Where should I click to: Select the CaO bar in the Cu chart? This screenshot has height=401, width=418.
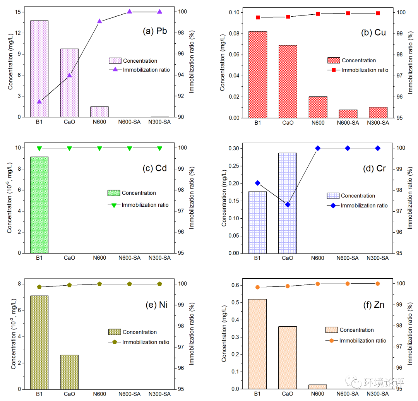coord(288,81)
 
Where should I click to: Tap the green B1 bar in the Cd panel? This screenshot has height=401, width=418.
coord(39,205)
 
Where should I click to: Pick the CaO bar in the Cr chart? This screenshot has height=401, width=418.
coord(288,203)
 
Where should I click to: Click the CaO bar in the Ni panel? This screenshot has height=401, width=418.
coord(69,372)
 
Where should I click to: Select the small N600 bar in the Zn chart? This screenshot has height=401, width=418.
coord(318,387)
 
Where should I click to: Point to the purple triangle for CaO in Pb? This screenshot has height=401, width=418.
coord(69,75)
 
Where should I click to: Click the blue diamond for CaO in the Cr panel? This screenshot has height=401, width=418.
coord(288,204)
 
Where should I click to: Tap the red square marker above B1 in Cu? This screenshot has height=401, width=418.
coord(258,17)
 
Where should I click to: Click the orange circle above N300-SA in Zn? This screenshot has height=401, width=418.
coord(378,284)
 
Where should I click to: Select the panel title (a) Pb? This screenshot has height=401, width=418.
coord(155,31)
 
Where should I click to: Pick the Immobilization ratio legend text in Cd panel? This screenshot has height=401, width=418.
coord(145,205)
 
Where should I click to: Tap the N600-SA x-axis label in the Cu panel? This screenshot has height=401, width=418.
coord(348,123)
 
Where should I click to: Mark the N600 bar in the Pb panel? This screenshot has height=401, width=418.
coord(99,112)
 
